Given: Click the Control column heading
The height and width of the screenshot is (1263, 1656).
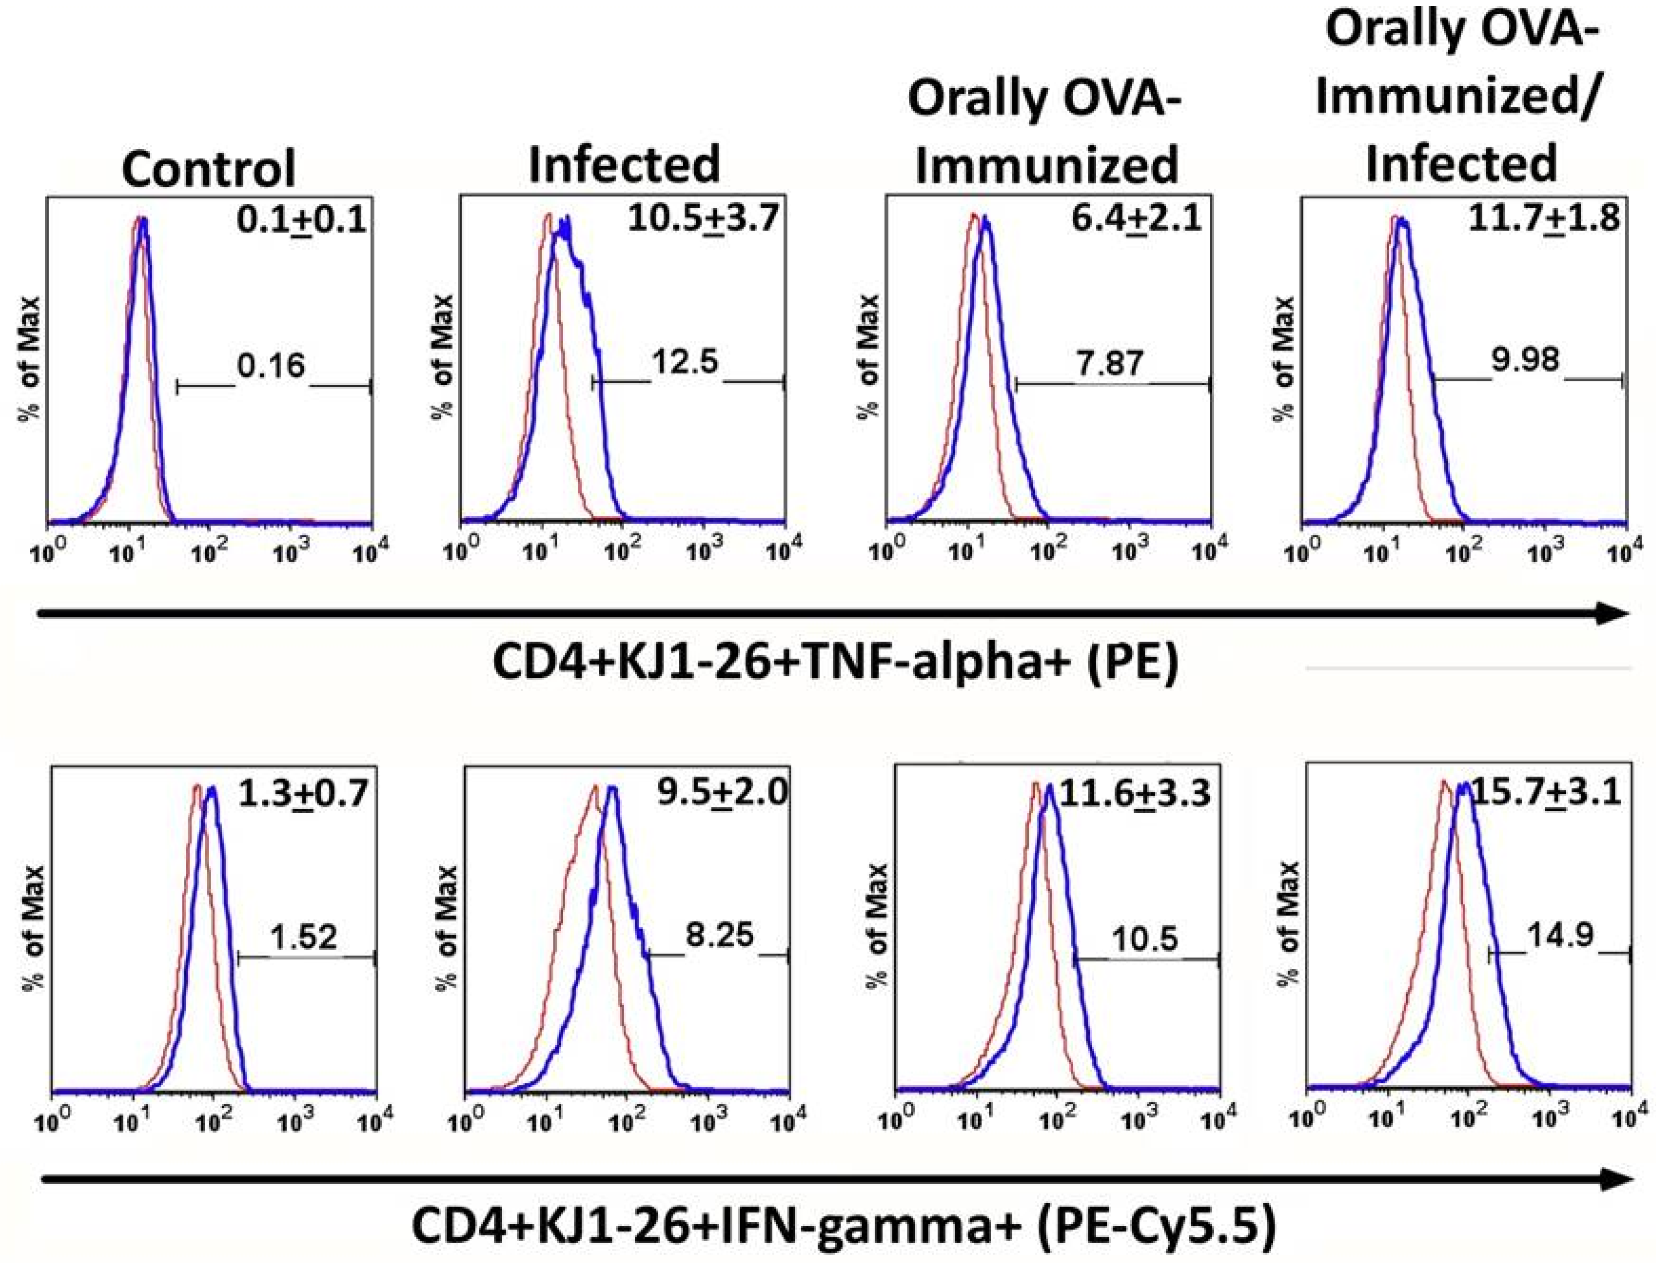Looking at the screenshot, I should pyautogui.click(x=208, y=169).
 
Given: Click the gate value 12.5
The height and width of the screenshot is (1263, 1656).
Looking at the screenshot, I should pyautogui.click(x=686, y=362).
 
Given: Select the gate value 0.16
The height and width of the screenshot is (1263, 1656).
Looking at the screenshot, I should pyautogui.click(x=271, y=366).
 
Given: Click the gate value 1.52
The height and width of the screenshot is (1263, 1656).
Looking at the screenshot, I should pyautogui.click(x=304, y=938).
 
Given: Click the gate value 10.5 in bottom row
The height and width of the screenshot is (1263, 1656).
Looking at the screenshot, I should pyautogui.click(x=1144, y=940).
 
